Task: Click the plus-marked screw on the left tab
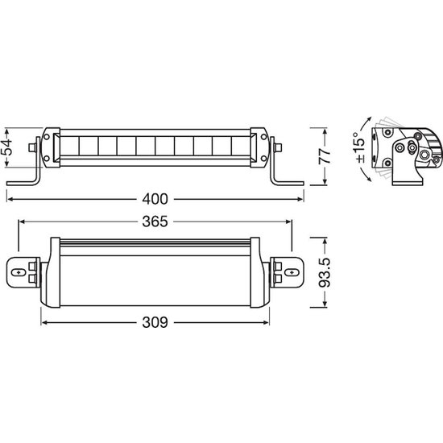pos(19,273)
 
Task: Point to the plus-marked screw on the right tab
pos(288,273)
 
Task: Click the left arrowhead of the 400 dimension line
pos(10,196)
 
